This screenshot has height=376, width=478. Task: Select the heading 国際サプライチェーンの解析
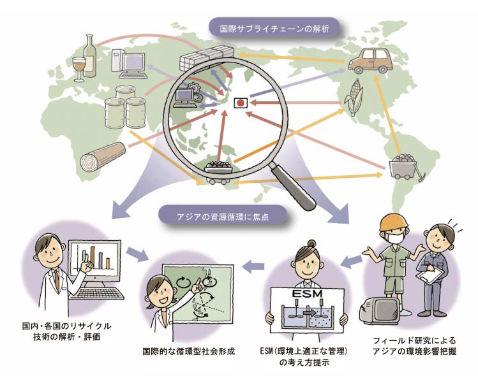[275, 28]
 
